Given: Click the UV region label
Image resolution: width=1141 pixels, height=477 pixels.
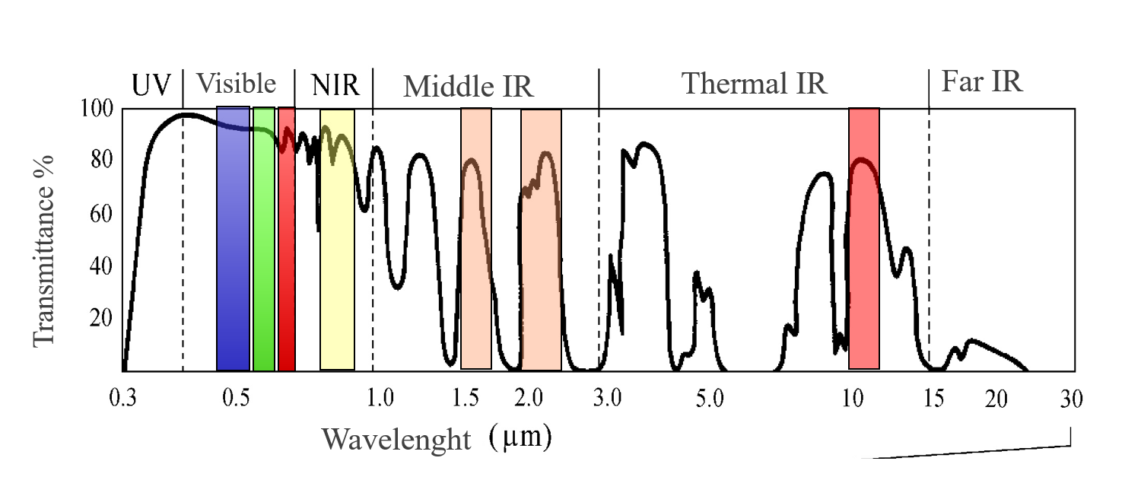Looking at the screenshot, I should pyautogui.click(x=152, y=84).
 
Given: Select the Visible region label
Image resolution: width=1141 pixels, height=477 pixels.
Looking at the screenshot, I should pyautogui.click(x=236, y=83).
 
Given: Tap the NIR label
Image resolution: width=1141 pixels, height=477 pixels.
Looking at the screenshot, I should pyautogui.click(x=335, y=84).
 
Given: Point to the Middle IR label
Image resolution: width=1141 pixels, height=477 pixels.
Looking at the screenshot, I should pyautogui.click(x=469, y=87).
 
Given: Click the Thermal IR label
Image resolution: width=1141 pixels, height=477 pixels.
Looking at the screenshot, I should pyautogui.click(x=754, y=83).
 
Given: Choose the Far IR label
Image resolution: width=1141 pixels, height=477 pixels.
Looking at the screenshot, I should pyautogui.click(x=982, y=81).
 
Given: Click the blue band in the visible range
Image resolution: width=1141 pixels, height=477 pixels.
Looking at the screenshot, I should pyautogui.click(x=233, y=239).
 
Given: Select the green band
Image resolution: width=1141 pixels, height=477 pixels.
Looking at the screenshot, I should pyautogui.click(x=264, y=239).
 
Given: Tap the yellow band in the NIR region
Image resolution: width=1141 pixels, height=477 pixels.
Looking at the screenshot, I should pyautogui.click(x=337, y=240).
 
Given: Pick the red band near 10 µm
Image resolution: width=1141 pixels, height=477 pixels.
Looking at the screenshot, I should pyautogui.click(x=864, y=239).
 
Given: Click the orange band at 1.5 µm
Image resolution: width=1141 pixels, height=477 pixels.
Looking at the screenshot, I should pyautogui.click(x=476, y=239).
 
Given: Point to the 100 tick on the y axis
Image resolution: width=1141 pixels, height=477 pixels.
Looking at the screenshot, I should pyautogui.click(x=97, y=110).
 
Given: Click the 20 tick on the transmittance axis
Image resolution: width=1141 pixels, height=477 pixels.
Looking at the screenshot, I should pyautogui.click(x=101, y=319).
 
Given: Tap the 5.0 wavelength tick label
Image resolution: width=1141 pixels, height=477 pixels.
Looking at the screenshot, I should pyautogui.click(x=708, y=399).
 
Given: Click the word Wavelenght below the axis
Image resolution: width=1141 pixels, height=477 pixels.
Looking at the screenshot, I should pyautogui.click(x=396, y=440).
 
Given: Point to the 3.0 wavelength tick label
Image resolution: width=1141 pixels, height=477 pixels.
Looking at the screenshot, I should pyautogui.click(x=609, y=399).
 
